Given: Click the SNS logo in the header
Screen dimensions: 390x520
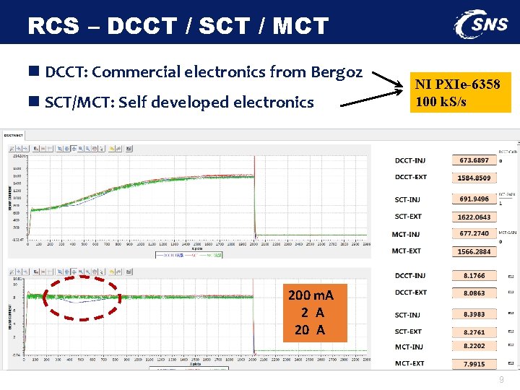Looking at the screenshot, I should pos(481,25).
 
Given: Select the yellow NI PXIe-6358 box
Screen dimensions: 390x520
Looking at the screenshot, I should pos(459,92).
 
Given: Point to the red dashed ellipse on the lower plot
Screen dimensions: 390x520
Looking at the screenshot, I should pos(82,296).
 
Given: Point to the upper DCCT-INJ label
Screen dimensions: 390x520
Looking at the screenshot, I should pos(411,160).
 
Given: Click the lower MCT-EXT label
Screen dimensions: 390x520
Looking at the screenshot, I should pos(409,364).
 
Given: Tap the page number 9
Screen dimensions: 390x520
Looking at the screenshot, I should pos(500,380).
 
